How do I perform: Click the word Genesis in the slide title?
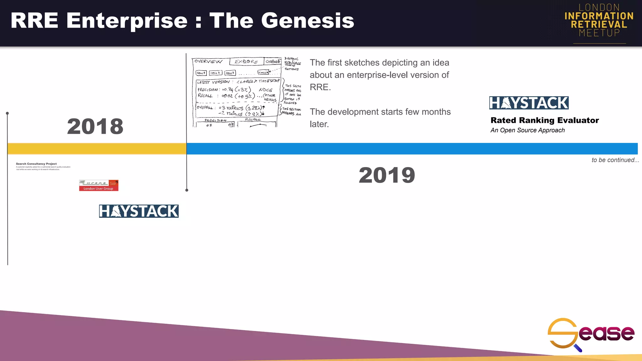[308, 21]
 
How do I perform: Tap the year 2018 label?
[95, 126]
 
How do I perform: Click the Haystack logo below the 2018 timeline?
[139, 211]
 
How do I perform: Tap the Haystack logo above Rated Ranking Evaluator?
[529, 103]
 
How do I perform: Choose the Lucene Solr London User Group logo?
[98, 185]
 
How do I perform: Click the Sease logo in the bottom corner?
[591, 334]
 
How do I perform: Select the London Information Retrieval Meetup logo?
[599, 21]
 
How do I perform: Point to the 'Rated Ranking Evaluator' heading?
[545, 120]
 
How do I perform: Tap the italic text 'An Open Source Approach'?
[528, 130]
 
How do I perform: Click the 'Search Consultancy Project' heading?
[36, 164]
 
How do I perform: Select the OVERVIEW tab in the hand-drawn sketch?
[208, 61]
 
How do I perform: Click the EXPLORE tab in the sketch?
[246, 62]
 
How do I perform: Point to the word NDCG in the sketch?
[266, 90]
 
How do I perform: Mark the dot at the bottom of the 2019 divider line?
[187, 190]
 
